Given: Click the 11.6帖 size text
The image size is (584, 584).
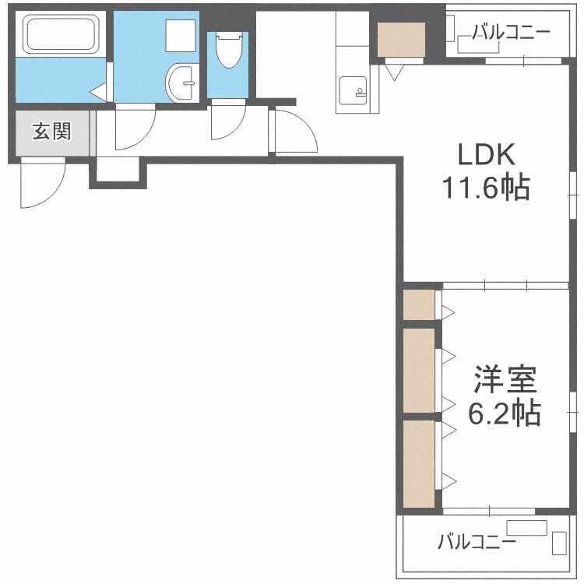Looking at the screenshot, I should click(x=487, y=188).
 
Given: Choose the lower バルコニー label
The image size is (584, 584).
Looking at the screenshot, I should click(x=477, y=540).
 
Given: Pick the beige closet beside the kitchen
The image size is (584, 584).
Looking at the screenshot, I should click(x=401, y=40).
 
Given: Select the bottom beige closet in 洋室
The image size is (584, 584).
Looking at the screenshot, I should click(x=419, y=463).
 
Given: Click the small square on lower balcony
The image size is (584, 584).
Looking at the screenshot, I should click(x=559, y=543).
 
